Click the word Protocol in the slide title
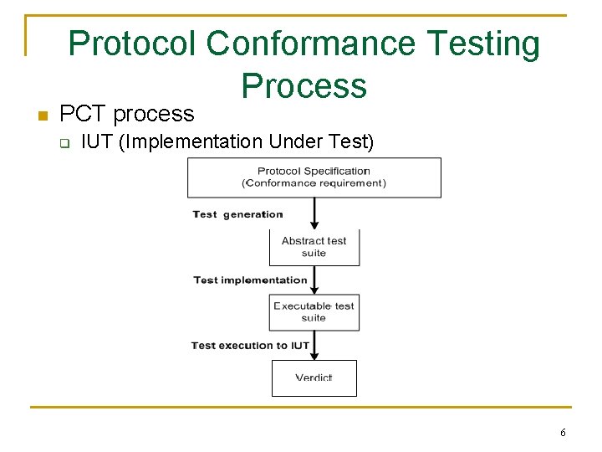(x=133, y=44)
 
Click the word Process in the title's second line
(x=304, y=85)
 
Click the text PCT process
(x=127, y=113)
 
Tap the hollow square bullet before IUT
(x=64, y=142)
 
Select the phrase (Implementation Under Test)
(x=247, y=142)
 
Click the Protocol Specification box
(x=314, y=177)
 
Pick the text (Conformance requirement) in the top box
(x=314, y=183)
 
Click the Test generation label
(x=237, y=214)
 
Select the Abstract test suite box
(x=314, y=247)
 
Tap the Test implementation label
(x=250, y=280)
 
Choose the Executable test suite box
(x=314, y=311)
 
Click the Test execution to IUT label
(x=250, y=345)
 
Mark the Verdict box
(x=314, y=378)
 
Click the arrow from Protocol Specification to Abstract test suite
(x=314, y=213)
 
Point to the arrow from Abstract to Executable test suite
(x=314, y=280)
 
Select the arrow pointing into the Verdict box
(x=314, y=345)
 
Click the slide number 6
(x=563, y=433)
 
